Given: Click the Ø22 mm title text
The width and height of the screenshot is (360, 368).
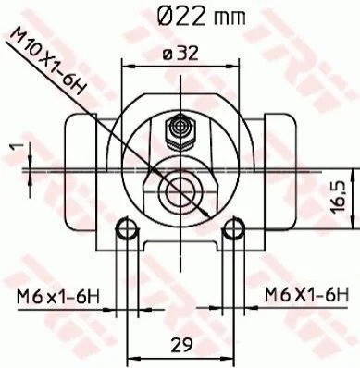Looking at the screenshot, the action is (x=202, y=16).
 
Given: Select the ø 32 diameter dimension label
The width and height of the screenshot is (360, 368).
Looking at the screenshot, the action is (x=180, y=54).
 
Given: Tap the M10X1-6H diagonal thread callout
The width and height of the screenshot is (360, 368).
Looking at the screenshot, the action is (x=47, y=61).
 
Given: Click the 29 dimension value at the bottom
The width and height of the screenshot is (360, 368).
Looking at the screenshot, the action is (x=181, y=344).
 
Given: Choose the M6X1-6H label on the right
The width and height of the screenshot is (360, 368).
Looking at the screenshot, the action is (x=306, y=294).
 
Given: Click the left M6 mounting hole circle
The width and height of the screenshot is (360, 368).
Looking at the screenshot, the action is (x=127, y=228).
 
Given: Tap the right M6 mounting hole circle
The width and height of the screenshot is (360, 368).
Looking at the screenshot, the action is (x=233, y=228).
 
